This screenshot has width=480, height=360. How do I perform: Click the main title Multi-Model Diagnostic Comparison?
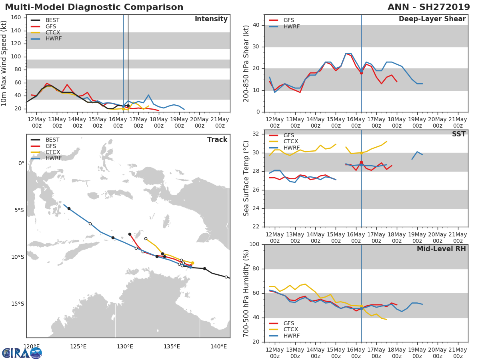[94, 7]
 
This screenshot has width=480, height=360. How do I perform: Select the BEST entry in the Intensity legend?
[52, 20]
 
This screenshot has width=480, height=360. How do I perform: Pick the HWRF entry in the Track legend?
[53, 158]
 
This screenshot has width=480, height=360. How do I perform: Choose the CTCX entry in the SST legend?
[291, 142]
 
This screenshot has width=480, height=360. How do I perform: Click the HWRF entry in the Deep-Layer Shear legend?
[291, 26]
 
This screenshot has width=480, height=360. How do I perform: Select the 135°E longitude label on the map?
[172, 346]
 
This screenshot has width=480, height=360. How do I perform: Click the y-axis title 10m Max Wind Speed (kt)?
[4, 63]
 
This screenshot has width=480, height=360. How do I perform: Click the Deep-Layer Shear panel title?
[432, 19]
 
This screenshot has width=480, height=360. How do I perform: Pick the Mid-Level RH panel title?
[441, 249]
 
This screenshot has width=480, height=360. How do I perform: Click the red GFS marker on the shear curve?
[361, 73]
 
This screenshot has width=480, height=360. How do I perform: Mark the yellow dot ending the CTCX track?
[192, 263]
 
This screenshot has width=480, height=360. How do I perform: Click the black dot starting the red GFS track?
[130, 234]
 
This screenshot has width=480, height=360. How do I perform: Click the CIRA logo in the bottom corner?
[22, 353]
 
